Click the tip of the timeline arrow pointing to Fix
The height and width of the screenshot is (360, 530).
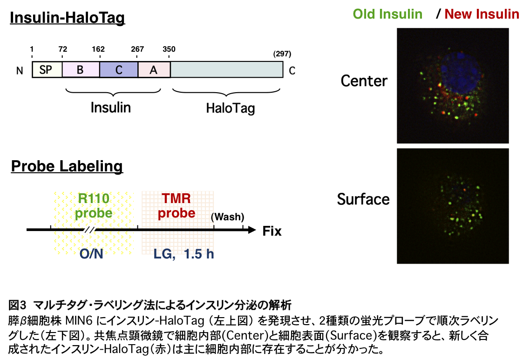pos(256,230)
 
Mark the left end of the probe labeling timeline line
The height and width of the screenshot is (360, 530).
pos(27,230)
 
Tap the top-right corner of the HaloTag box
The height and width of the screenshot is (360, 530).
pos(283,62)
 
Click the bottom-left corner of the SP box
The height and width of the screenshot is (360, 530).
pos(33,77)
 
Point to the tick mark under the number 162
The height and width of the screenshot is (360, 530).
pos(100,56)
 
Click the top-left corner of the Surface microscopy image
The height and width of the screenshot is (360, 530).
pos(397,149)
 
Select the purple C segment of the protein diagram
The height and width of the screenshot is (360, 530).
pos(119,70)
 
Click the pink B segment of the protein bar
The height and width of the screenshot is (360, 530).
pos(81,70)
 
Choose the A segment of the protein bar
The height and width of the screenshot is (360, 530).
pos(154,70)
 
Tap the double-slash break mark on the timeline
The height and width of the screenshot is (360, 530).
pos(89,230)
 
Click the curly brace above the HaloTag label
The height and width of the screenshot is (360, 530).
pos(226,91)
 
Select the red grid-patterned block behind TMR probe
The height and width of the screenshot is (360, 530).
pos(178,223)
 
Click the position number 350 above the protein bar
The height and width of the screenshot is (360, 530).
pos(169,49)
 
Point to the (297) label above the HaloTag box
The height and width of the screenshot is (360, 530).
pos(282,54)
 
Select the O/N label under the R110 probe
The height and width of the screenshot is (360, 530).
pos(91,253)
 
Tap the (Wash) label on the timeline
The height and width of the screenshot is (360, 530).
pos(227,217)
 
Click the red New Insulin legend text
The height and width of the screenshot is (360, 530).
pos(482,14)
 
